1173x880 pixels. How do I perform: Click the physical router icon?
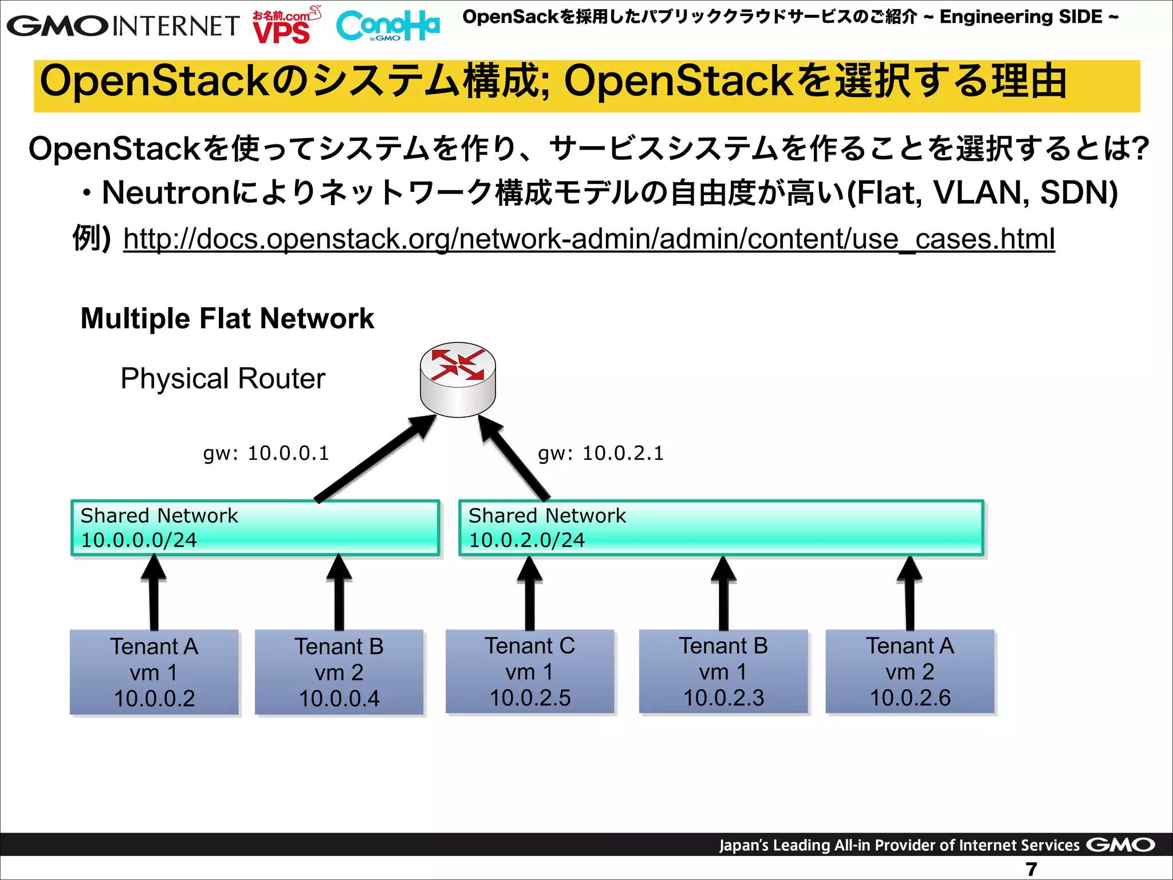coord(458,379)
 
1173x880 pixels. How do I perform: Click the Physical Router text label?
coord(222,379)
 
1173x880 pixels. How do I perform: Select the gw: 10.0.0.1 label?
coord(266,453)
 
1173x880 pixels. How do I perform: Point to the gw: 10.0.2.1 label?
coord(600,453)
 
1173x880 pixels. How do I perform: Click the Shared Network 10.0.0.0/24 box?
coord(255,528)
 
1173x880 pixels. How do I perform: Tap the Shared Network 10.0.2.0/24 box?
coord(721,528)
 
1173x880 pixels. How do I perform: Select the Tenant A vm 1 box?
coord(154,672)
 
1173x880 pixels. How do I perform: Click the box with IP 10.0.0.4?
coord(339,672)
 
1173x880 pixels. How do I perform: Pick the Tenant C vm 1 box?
coord(530,671)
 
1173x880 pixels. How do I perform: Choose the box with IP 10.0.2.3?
coord(723,671)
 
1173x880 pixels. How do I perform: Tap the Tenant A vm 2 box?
coord(910,671)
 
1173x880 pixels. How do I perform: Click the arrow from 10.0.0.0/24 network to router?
coord(375,458)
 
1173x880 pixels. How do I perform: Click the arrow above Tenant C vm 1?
coord(530,593)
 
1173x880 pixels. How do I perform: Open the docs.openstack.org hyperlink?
coord(589,239)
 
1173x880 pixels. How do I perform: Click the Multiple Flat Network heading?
coord(227,319)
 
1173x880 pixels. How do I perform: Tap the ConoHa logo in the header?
coord(388,26)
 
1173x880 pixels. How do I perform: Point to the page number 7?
coord(1031,869)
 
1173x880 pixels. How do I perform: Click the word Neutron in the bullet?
coord(167,192)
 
